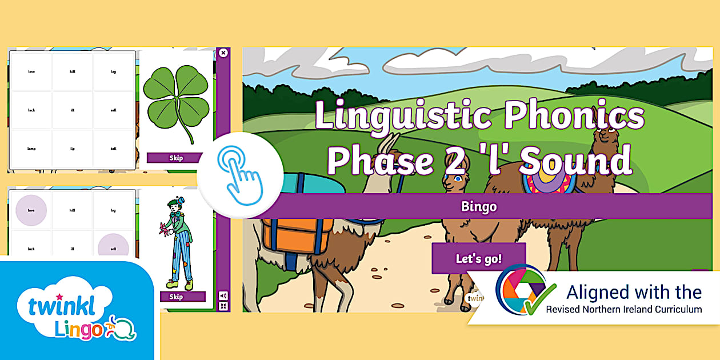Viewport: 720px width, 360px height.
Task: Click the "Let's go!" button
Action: tap(478, 258)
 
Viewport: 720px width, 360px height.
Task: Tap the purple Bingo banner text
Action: tap(479, 206)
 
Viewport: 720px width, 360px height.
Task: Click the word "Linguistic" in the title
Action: tap(402, 116)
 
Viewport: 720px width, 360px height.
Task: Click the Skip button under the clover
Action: tap(176, 158)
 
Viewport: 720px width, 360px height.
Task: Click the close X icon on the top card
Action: tap(223, 53)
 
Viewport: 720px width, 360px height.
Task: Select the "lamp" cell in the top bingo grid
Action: tap(32, 149)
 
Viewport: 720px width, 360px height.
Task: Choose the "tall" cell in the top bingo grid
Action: tap(113, 149)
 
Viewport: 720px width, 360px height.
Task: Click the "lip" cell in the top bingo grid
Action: tap(73, 149)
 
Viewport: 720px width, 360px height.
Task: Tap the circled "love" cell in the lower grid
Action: tap(32, 210)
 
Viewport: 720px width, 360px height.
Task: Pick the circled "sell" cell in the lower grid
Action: tap(113, 249)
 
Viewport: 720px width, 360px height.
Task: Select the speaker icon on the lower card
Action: tap(223, 295)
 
